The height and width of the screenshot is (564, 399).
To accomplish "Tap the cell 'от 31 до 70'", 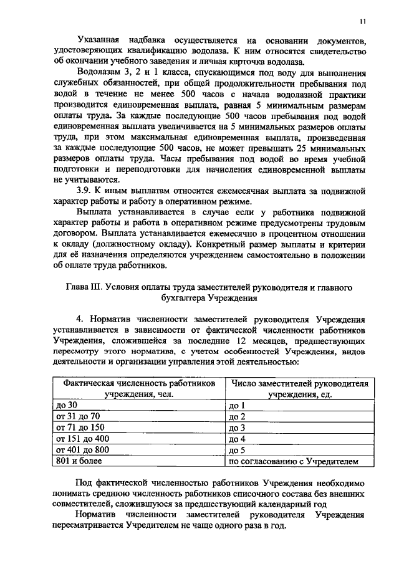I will click(78, 416).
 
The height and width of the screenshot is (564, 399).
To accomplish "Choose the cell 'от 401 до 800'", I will click(82, 450).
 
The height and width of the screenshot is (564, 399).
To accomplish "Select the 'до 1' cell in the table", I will click(238, 406).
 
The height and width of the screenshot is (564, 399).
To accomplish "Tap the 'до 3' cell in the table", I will click(238, 428).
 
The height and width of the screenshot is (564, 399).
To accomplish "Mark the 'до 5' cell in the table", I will click(238, 451).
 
